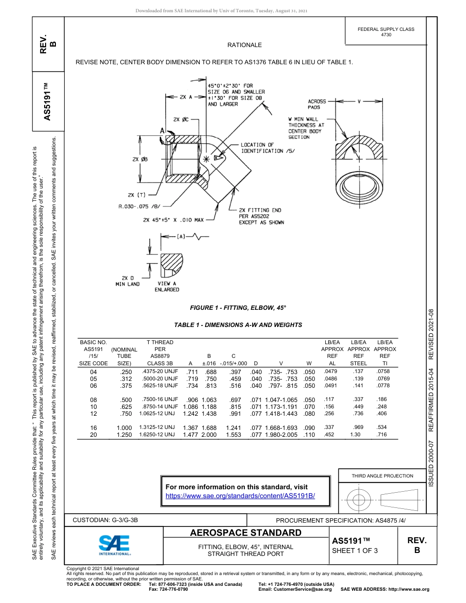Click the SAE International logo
114,544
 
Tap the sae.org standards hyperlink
240,496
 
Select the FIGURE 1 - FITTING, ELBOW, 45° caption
238,307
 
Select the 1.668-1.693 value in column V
281,427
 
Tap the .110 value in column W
309,435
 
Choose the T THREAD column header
160,342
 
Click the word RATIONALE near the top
244,45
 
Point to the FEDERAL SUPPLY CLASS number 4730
386,35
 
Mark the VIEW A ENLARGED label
167,287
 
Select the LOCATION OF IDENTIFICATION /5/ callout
267,148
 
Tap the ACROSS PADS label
317,104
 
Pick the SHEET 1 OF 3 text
355,551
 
